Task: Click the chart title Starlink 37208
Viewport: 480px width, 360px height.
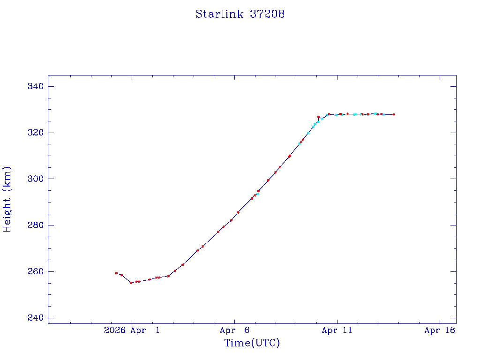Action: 240,14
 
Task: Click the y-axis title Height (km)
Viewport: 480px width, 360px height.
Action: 7,199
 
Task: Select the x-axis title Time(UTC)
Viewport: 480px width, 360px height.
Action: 252,343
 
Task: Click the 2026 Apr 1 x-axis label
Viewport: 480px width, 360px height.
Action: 132,330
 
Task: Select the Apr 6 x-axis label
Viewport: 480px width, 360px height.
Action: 234,330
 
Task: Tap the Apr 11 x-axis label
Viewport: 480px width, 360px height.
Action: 337,330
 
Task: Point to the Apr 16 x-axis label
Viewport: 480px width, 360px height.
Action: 440,330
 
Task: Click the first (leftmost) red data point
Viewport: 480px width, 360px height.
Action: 116,273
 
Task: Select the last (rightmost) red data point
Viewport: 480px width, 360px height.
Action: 394,114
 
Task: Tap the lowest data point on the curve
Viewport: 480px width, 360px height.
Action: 131,283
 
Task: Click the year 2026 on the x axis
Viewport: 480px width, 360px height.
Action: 114,330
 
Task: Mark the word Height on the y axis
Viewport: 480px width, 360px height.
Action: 7,213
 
